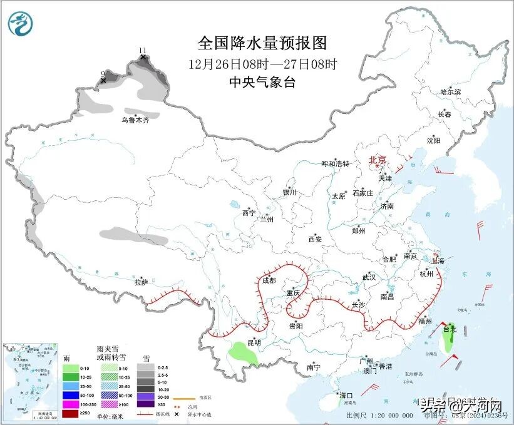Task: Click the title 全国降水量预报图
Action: coord(262,43)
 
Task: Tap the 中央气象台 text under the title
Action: coord(262,82)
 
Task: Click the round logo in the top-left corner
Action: coord(20,23)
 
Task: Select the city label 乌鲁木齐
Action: coord(136,120)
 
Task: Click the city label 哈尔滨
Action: coord(450,92)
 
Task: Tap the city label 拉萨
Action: coord(141,283)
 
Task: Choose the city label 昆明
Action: coord(254,342)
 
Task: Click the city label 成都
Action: coord(269,281)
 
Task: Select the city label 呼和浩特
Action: coord(335,164)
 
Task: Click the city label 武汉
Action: coord(369,277)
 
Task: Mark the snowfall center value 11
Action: coord(143,50)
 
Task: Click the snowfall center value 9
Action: coord(103,74)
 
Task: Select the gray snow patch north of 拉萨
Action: coord(129,233)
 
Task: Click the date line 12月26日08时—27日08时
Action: coord(262,63)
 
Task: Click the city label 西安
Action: coord(315,239)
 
